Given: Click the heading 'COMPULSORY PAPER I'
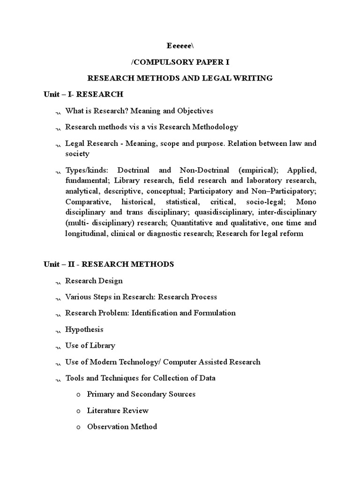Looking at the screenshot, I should pos(180,62).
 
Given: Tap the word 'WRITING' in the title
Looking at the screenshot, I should pos(252,78).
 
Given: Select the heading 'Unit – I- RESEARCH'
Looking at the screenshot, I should pos(83,94).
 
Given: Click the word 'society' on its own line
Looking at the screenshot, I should pos(77,154).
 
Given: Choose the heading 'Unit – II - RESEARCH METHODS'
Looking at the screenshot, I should pos(109,264).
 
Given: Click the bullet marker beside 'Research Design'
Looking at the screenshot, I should pos(58,282).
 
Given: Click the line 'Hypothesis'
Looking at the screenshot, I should pos(84,330).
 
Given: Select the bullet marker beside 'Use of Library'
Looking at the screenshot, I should pos(58,347).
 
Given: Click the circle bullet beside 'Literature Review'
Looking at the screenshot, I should pos(78,411).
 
